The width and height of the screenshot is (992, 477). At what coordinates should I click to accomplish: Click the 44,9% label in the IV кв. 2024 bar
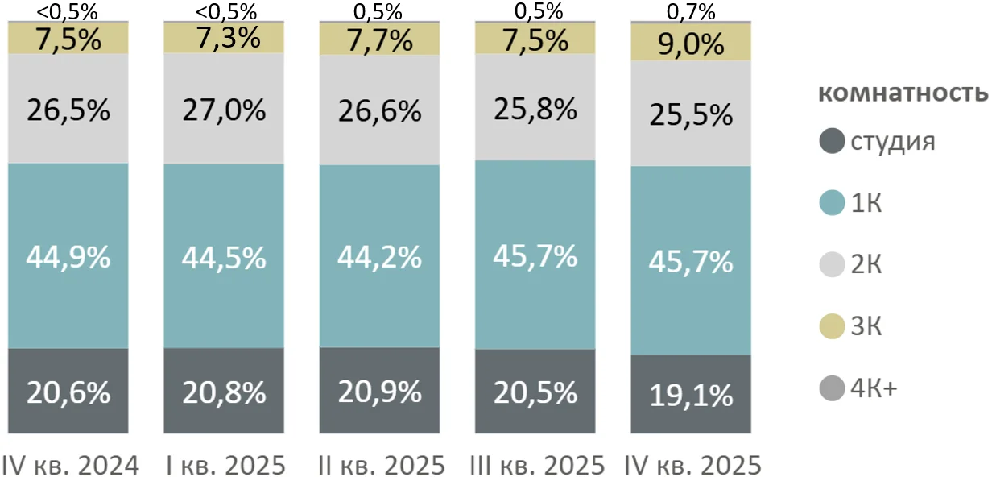[68, 257]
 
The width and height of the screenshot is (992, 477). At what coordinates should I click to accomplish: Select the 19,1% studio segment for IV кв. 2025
[692, 395]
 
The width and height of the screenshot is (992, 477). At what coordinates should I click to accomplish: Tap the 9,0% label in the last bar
[692, 44]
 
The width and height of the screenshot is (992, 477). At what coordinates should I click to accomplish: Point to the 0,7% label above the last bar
[692, 11]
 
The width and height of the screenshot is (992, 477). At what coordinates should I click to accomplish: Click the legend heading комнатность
[903, 93]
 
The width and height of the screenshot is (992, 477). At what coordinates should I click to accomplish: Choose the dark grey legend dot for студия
[831, 142]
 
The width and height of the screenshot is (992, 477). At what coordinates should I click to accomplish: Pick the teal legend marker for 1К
[831, 203]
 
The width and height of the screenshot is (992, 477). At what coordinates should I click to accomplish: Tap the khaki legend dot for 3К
[831, 327]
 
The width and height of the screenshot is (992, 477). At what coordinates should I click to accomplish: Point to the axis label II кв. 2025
[380, 465]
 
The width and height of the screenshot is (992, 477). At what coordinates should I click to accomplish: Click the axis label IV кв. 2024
[70, 465]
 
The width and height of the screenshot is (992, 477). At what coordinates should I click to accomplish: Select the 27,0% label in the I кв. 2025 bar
[225, 110]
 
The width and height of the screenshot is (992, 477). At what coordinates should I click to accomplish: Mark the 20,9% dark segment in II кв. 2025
[380, 392]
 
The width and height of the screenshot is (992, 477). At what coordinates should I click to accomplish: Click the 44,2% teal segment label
[380, 257]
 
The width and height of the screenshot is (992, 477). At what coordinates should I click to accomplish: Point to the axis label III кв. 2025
[536, 465]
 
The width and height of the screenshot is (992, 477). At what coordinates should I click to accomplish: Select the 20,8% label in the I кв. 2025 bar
[225, 392]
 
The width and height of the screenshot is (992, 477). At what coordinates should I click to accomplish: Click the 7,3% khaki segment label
[225, 38]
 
